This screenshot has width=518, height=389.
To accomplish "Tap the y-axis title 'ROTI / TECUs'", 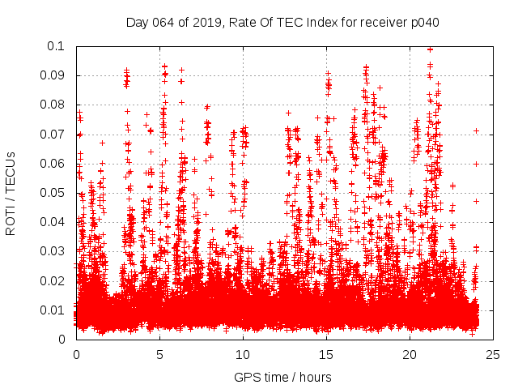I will tap(11, 192).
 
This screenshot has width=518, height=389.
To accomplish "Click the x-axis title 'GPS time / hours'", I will tap(282, 377).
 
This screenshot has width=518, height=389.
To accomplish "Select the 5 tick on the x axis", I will tap(159, 355).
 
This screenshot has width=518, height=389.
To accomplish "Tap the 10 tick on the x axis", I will tap(243, 355).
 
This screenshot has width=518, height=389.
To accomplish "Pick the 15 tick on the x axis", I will tap(326, 355).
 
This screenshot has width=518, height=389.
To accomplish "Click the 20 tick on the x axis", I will tap(410, 355).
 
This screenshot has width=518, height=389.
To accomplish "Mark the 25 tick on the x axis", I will tap(493, 355).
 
